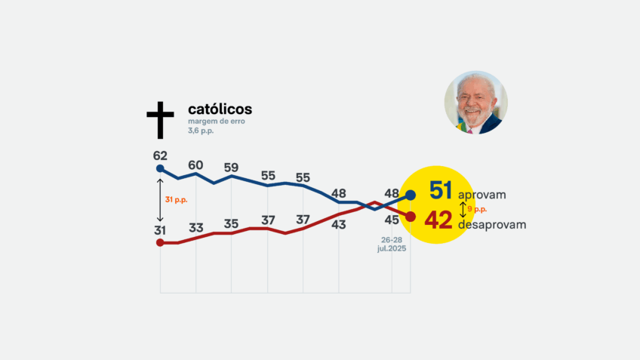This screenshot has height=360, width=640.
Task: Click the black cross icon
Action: pos(160,120)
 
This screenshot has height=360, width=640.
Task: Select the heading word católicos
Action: pos(220,109)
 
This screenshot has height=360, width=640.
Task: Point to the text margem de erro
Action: pos(217,122)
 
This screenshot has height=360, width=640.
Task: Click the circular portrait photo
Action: pos(475,103)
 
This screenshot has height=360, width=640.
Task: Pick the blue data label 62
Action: pos(159,155)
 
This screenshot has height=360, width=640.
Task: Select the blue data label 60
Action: pos(195,165)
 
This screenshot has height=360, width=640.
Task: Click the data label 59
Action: pos(232,168)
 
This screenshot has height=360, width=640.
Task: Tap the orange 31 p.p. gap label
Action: pos(175,199)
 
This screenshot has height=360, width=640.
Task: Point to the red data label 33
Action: pos(195,227)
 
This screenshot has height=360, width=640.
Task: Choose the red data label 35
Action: pos(232,223)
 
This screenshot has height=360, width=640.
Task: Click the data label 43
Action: pos(339,224)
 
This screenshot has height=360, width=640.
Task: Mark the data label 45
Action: pos(392,220)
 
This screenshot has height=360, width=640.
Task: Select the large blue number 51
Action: pos(440,191)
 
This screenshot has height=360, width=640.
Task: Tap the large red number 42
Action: pos(438,220)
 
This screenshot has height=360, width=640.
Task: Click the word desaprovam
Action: pos(492,224)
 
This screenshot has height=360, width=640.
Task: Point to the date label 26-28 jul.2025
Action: pos(392,244)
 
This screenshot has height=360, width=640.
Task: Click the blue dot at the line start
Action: pos(159,168)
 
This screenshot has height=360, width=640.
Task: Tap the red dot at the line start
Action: pos(159,243)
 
